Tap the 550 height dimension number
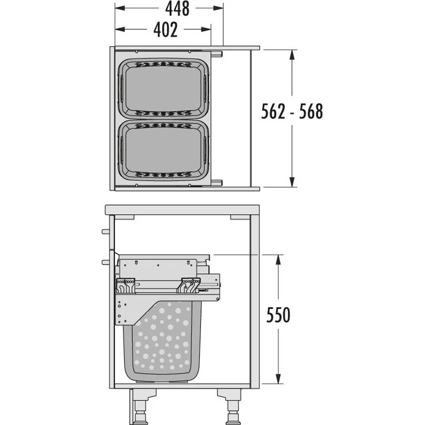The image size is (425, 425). pyautogui.click(x=278, y=315)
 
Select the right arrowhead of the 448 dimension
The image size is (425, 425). pyautogui.click(x=219, y=9)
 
